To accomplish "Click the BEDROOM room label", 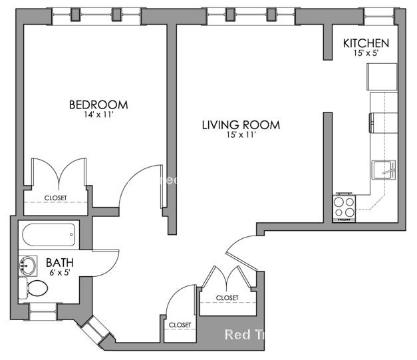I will (x=98, y=104).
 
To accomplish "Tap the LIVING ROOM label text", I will (x=241, y=124).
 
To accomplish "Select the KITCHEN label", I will (x=366, y=43).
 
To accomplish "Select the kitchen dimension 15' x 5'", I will (x=366, y=53).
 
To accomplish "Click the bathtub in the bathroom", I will (x=48, y=234).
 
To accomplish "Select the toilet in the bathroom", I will (x=35, y=289).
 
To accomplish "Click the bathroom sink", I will (x=29, y=266).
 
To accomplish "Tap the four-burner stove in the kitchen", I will (x=344, y=207).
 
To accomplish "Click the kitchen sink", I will (x=384, y=170).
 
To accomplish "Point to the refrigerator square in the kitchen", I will (x=381, y=77).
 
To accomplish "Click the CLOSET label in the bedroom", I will (x=56, y=198).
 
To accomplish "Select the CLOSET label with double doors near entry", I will (x=227, y=297).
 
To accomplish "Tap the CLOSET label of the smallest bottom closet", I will (x=180, y=325).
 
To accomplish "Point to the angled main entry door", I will (x=241, y=256).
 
